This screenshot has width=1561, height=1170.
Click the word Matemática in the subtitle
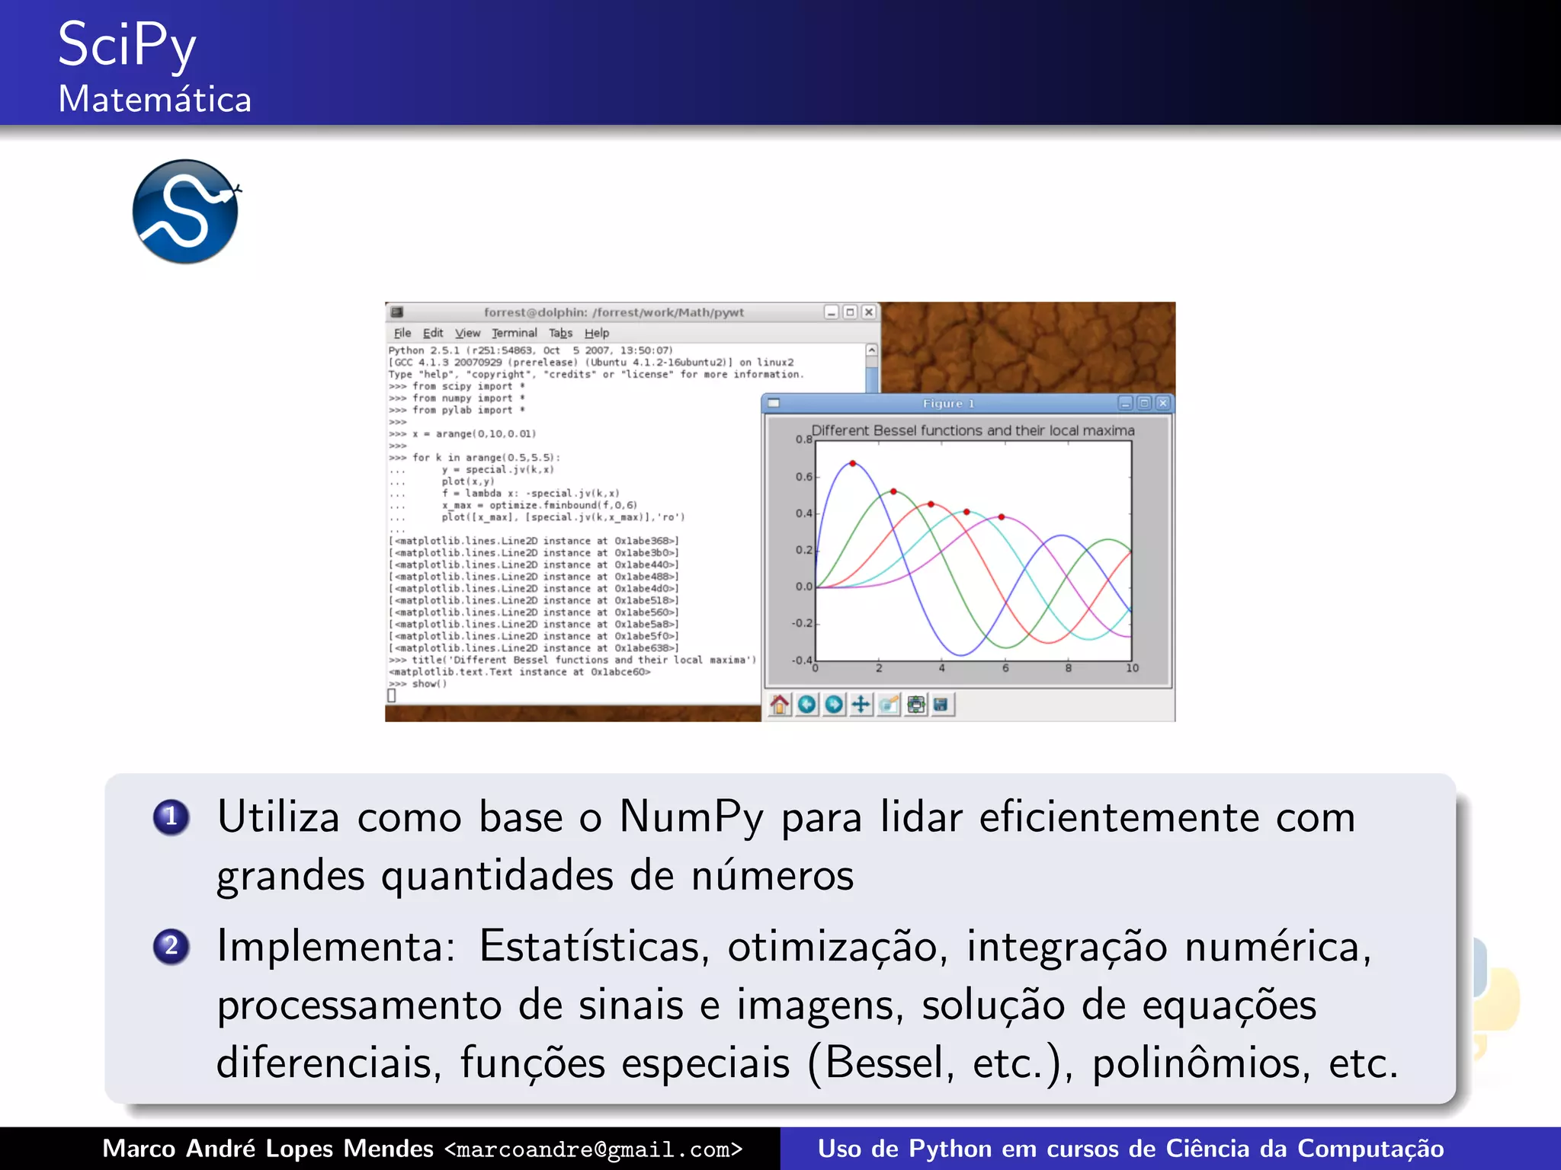pos(155,100)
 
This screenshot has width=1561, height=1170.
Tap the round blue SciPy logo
pos(185,212)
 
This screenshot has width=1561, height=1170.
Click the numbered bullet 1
pos(171,817)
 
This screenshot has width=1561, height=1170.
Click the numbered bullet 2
pos(171,946)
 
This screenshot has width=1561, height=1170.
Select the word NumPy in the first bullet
pos(691,818)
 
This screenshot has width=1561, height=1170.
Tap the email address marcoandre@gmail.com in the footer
pos(593,1149)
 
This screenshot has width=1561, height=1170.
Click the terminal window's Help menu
pos(597,333)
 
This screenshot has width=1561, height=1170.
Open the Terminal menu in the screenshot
pos(514,333)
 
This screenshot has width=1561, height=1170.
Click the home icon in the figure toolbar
pos(779,705)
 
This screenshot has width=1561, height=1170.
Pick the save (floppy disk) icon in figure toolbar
pos(941,705)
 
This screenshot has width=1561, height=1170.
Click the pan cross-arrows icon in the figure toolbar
pos(861,705)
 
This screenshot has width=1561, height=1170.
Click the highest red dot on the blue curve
pos(853,463)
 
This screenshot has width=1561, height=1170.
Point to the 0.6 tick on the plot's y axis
pos(804,477)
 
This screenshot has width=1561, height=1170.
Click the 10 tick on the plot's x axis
pos(1132,669)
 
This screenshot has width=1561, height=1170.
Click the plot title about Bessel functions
pos(973,430)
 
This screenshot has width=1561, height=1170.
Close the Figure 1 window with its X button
pos(1162,403)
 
